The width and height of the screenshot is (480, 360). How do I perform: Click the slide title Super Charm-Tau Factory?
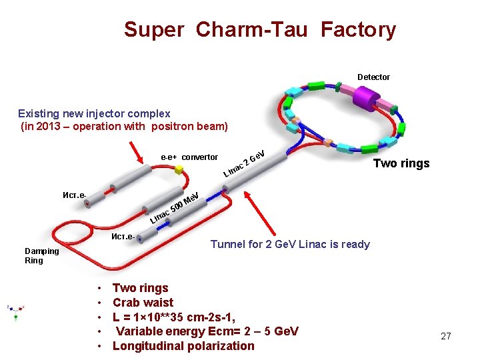coord(259,30)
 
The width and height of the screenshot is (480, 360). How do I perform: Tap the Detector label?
coord(373,77)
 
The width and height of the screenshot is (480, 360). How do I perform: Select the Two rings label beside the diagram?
coord(401,163)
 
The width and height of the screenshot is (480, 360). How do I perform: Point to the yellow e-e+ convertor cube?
coord(179,170)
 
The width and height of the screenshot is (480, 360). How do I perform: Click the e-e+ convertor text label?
coord(189,157)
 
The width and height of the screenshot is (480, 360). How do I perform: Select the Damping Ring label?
coord(42,255)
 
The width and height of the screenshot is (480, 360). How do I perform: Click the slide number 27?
coord(446,336)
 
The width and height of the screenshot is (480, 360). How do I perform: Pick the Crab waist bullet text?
coord(143,303)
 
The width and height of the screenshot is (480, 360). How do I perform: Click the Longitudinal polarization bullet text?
coord(183,346)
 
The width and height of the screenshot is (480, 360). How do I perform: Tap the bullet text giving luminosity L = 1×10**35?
coord(174,317)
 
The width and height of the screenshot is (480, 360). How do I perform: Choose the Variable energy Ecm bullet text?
coord(207,331)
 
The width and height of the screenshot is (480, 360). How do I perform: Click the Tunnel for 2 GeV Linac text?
coord(290,244)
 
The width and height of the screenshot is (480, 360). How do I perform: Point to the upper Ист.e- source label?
coord(73,195)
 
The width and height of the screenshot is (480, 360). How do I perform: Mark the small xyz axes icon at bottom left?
coord(15,311)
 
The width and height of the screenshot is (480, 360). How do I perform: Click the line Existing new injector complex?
coord(94,114)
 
